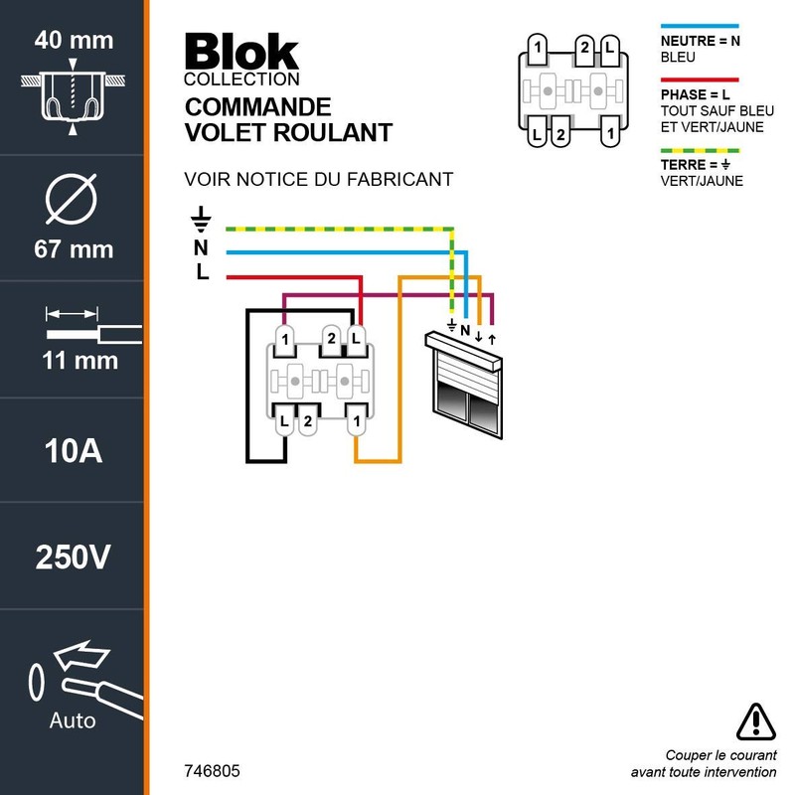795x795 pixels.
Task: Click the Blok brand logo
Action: [x=241, y=52]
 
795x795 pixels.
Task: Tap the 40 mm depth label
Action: [x=74, y=41]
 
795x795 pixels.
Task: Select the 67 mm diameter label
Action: [x=74, y=248]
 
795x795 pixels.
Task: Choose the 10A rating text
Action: [x=74, y=452]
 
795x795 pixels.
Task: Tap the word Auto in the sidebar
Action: [x=73, y=719]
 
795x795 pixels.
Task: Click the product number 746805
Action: [x=212, y=771]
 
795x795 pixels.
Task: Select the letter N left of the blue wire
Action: [x=202, y=247]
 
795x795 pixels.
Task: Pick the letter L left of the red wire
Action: [x=202, y=273]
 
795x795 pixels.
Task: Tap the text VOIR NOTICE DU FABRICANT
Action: [x=318, y=180]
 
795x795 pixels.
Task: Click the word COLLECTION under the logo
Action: [x=241, y=79]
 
